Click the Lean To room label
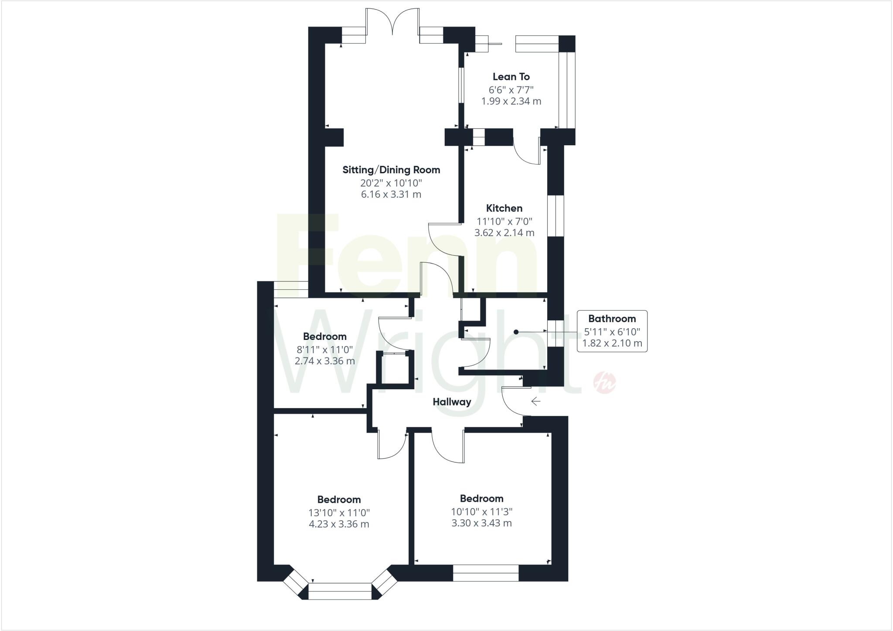[x=511, y=77]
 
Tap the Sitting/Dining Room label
[x=391, y=170]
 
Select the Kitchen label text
[x=504, y=209]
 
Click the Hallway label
[x=452, y=402]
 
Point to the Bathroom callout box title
[x=612, y=319]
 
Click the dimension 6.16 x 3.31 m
[x=391, y=195]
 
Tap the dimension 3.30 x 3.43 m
[x=481, y=523]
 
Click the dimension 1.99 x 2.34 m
[x=511, y=102]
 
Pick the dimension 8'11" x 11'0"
[x=324, y=349]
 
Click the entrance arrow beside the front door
[x=535, y=401]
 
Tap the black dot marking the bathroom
[x=516, y=332]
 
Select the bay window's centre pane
[x=340, y=591]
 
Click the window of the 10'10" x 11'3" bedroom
[x=486, y=573]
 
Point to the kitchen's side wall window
[x=556, y=216]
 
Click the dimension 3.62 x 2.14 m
[x=504, y=233]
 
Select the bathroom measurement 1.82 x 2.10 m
[x=612, y=343]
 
